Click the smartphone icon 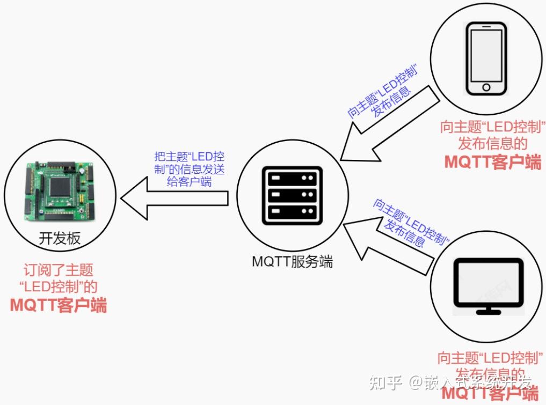486,60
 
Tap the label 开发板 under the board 60,238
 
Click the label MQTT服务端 292,262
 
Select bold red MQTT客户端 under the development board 59,305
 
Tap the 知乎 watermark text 383,382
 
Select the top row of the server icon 292,178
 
